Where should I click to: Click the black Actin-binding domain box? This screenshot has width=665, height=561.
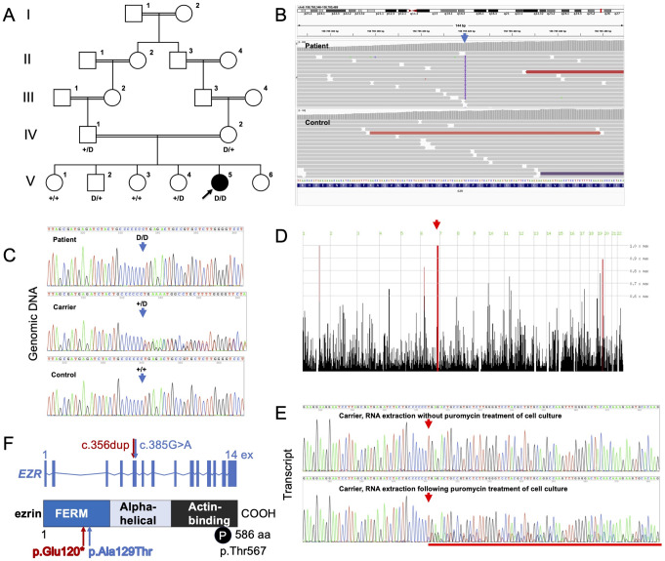[204, 513]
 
